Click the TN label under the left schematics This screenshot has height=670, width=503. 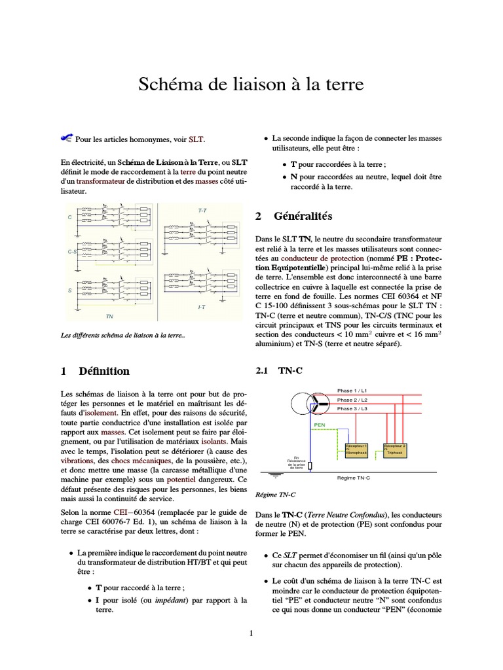click(109, 316)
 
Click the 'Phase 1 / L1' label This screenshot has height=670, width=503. click(352, 390)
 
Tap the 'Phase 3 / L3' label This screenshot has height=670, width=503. click(352, 408)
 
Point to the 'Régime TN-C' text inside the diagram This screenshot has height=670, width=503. click(353, 478)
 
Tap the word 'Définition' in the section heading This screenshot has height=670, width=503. click(104, 371)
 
